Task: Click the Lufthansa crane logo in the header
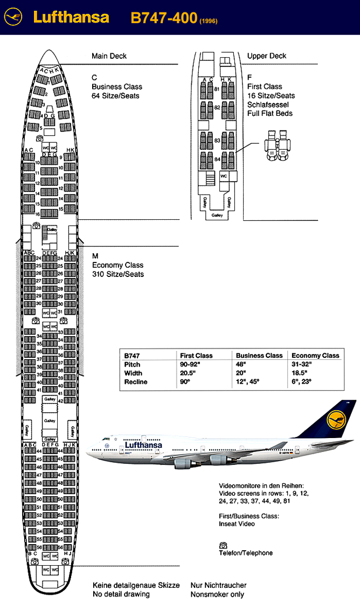point(13,18)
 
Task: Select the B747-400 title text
point(164,18)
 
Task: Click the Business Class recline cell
point(248,382)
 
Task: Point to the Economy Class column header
point(315,356)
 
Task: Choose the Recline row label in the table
point(135,382)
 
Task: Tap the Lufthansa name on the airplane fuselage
point(143,445)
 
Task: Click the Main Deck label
point(109,56)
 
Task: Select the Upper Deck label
point(267,56)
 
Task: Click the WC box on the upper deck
point(224,176)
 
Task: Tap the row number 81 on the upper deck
point(217,89)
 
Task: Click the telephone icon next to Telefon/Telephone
point(222,545)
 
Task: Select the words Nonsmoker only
point(217,594)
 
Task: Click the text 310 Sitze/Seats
point(117,274)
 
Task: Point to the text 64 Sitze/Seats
point(115,96)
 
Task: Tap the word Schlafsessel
point(268,105)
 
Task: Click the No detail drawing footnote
point(121,594)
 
